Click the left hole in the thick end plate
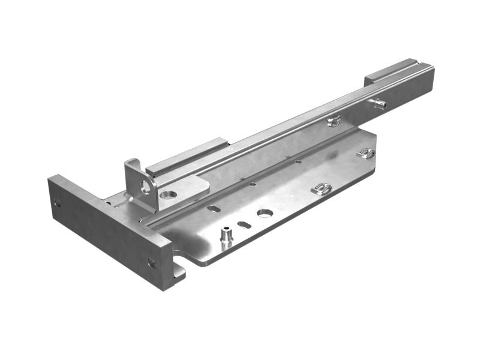[x=57, y=203]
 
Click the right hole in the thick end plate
[x=152, y=263]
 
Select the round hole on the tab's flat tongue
[x=169, y=195]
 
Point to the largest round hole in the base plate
[x=265, y=213]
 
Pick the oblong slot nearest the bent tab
[x=214, y=209]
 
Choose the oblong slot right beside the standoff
[x=244, y=225]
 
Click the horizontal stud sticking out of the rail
[x=379, y=104]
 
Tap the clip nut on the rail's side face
[x=334, y=122]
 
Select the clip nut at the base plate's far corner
[x=365, y=154]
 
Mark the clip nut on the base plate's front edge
[x=322, y=190]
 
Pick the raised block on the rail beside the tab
[x=186, y=157]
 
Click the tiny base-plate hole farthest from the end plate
[x=299, y=161]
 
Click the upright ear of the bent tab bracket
[x=133, y=171]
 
